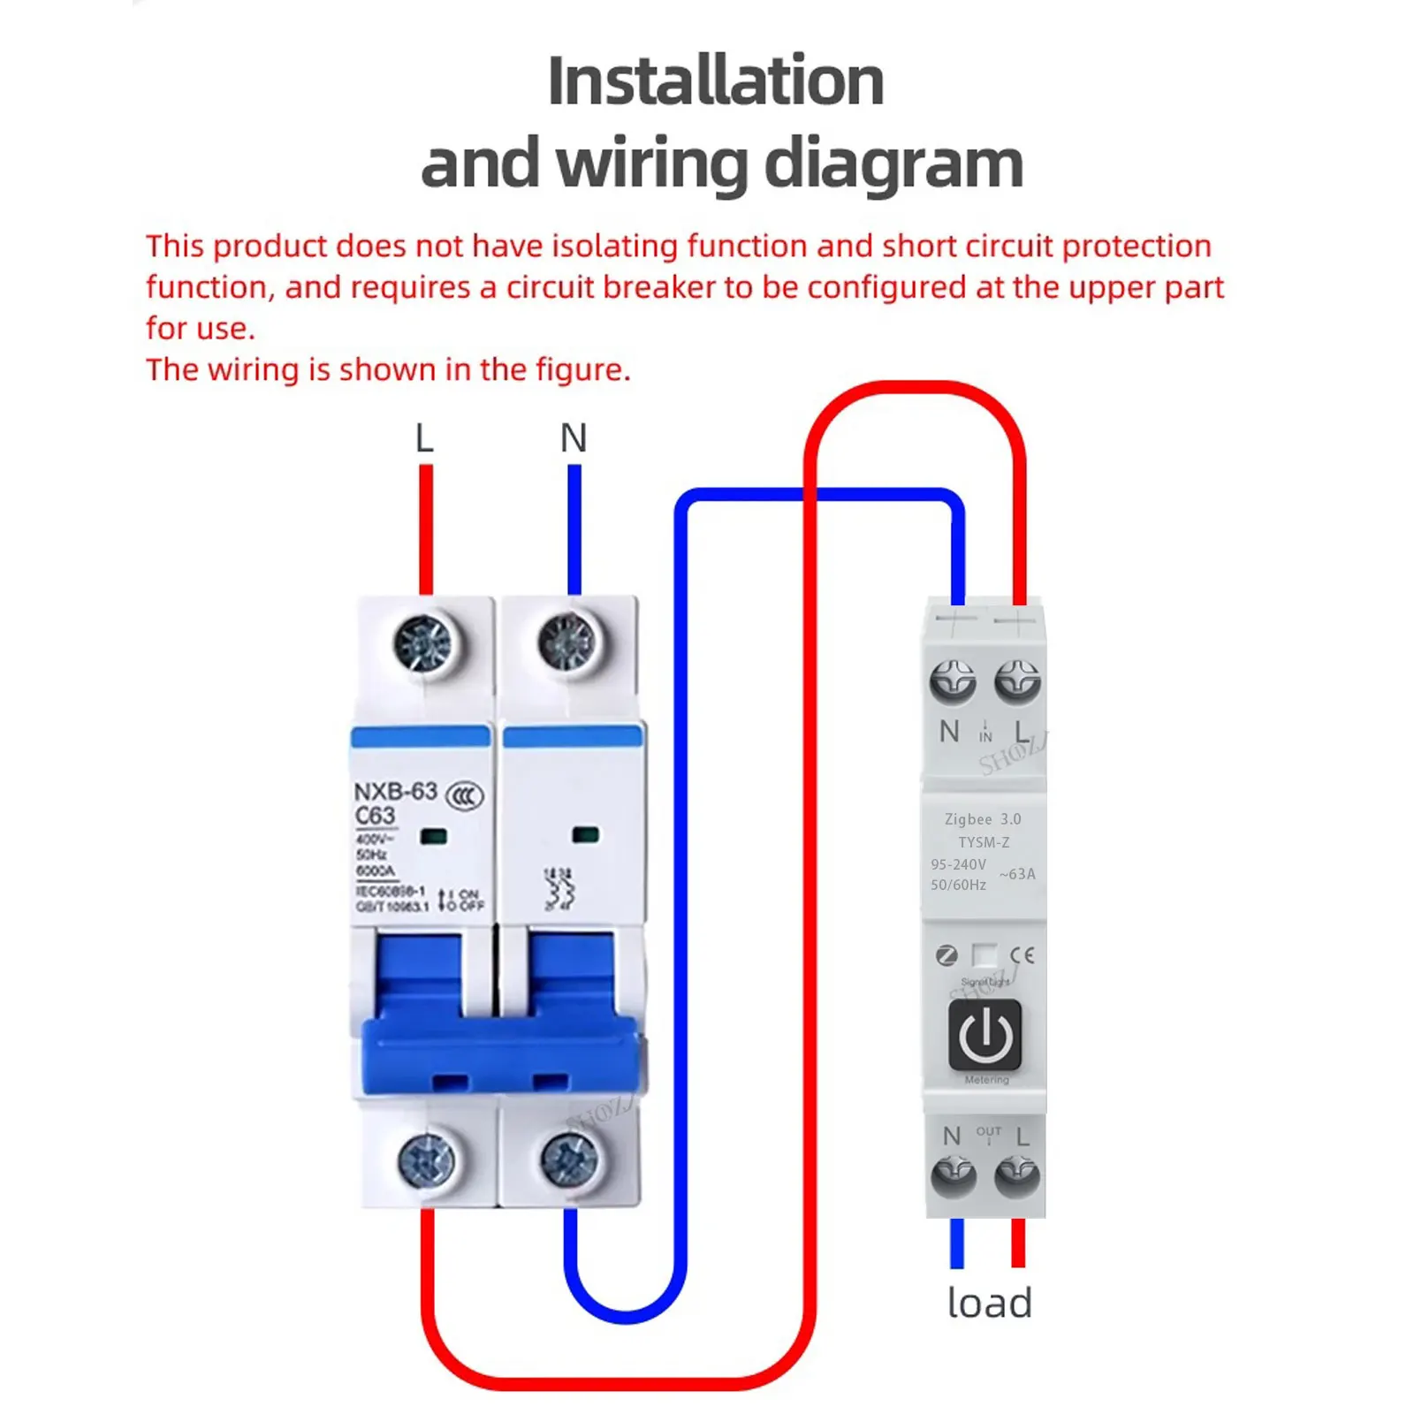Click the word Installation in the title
(715, 81)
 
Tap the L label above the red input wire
(424, 438)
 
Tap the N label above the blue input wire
(574, 438)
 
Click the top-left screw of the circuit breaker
(422, 642)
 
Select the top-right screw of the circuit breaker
(567, 641)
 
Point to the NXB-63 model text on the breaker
(395, 791)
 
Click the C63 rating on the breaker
(375, 816)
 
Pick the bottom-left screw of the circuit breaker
(426, 1160)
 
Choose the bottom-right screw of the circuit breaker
(569, 1160)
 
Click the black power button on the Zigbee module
(984, 1035)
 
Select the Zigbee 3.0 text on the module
(983, 819)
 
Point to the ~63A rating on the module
(1017, 874)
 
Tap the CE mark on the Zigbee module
(1022, 955)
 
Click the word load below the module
(989, 1304)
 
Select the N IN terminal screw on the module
(953, 682)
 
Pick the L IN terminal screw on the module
(1017, 682)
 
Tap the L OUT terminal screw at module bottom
(1017, 1177)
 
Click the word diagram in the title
(893, 164)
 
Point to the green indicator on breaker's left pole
(433, 836)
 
